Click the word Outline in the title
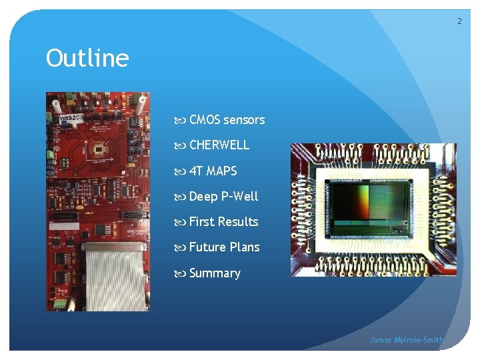(x=87, y=59)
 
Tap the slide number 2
(x=459, y=21)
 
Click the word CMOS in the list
(x=205, y=120)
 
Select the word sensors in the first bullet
(x=244, y=120)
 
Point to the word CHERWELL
(x=219, y=145)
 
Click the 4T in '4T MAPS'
(x=196, y=171)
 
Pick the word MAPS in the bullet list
(x=221, y=171)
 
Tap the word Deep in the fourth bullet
(x=203, y=196)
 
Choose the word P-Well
(x=239, y=196)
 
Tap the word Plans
(x=245, y=247)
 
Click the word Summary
(x=215, y=273)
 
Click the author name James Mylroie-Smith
(x=407, y=340)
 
